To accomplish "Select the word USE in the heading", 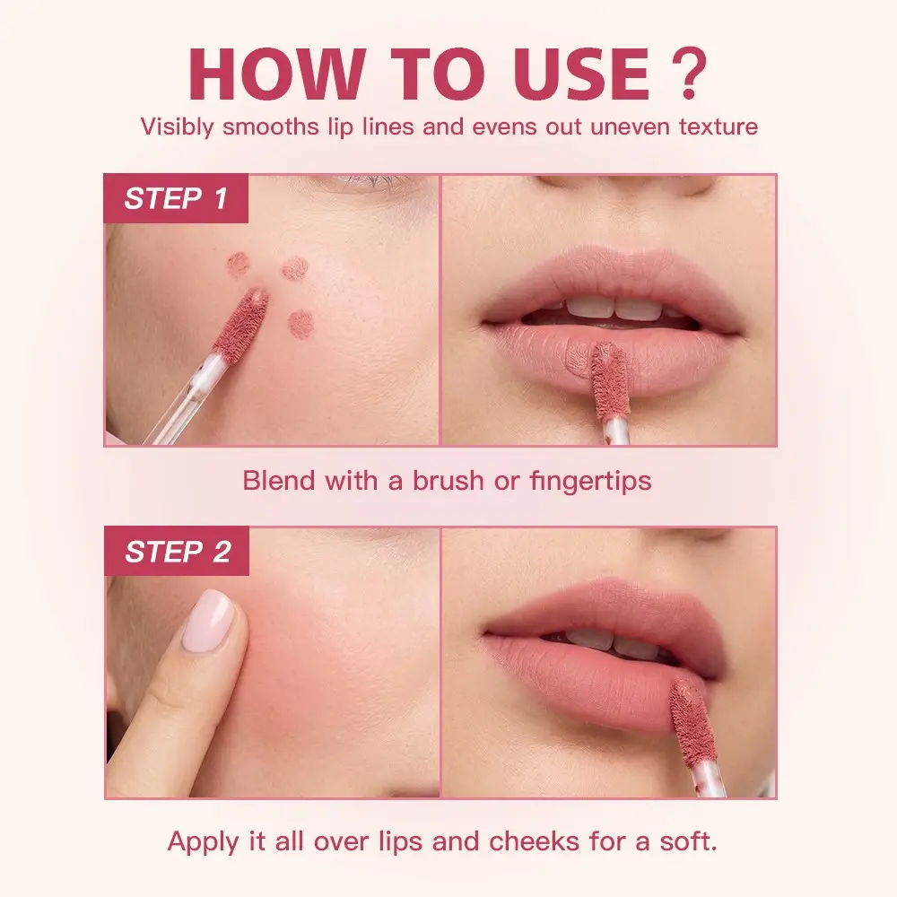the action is [x=580, y=74].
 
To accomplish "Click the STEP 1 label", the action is [x=176, y=198].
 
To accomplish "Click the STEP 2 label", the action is [x=178, y=552].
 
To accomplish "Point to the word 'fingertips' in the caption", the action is [x=590, y=481].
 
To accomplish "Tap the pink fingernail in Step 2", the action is [x=208, y=622].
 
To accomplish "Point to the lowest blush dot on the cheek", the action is [x=300, y=323].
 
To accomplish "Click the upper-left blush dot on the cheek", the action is [x=238, y=264].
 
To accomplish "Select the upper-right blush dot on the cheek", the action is [x=295, y=268].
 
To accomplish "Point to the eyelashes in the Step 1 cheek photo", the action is [x=371, y=182].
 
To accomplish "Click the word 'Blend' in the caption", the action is [x=279, y=481].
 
